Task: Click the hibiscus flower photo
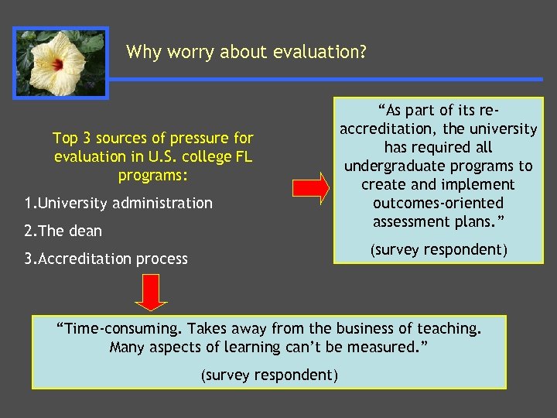[x=60, y=63]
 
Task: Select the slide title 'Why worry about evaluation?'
[x=246, y=52]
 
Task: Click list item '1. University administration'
[x=118, y=204]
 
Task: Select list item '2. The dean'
[x=63, y=231]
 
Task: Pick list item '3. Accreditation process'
[x=106, y=259]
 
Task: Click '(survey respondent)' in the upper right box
[x=438, y=249]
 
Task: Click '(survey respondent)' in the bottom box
[x=269, y=375]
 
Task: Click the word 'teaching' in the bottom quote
[x=450, y=328]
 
